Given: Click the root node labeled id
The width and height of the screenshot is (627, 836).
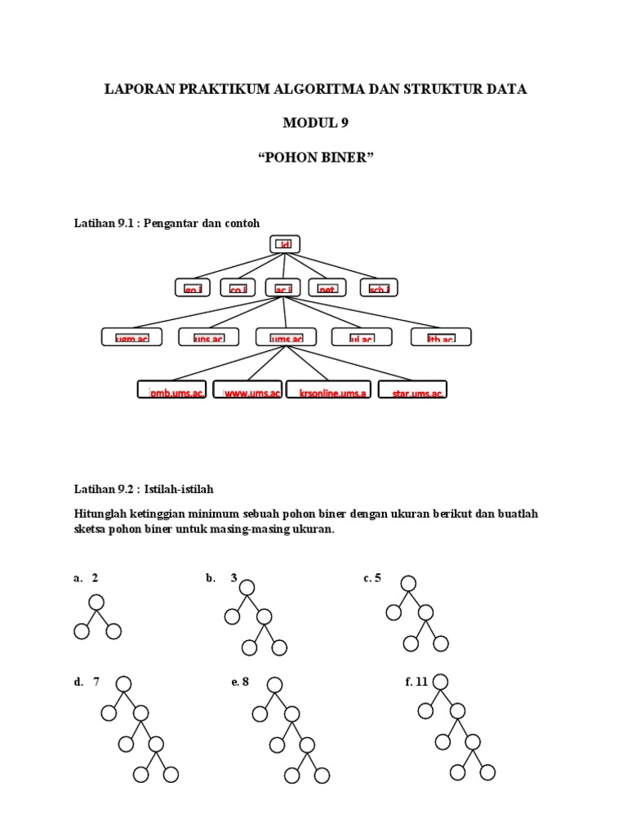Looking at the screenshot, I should coord(285,244).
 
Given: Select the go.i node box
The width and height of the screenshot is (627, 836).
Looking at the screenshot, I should coord(193,287).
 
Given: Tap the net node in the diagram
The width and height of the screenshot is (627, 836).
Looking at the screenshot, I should coord(327,287).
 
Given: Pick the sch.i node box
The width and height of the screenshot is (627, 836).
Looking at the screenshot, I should coord(379,287).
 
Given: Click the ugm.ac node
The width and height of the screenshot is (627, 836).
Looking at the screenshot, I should coord(131,337).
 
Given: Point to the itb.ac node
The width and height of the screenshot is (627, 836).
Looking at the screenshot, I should coord(440,337).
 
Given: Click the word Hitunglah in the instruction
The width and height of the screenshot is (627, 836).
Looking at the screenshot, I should coord(101,515).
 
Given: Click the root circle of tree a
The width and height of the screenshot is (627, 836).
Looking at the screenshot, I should coord(97,603).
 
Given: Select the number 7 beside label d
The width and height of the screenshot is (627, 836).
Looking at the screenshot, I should coord(96,683).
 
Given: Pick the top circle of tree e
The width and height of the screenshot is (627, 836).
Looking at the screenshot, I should coord(275,684).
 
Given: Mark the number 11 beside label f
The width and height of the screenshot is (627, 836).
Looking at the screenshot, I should coord(421,683).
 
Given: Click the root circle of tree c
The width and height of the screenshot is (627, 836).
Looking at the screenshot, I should coord(408,583).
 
